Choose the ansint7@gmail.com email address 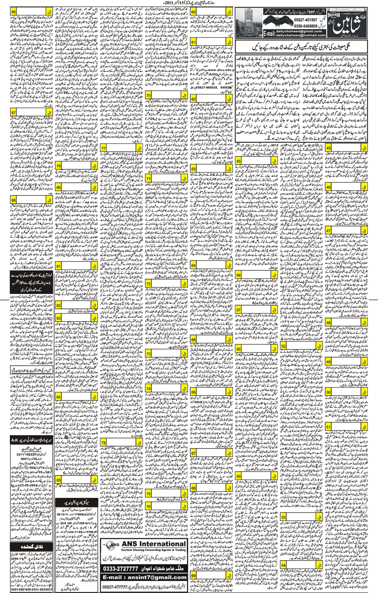145,577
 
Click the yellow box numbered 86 14,12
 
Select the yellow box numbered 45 328,148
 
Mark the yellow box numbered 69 193,575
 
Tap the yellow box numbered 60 193,12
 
